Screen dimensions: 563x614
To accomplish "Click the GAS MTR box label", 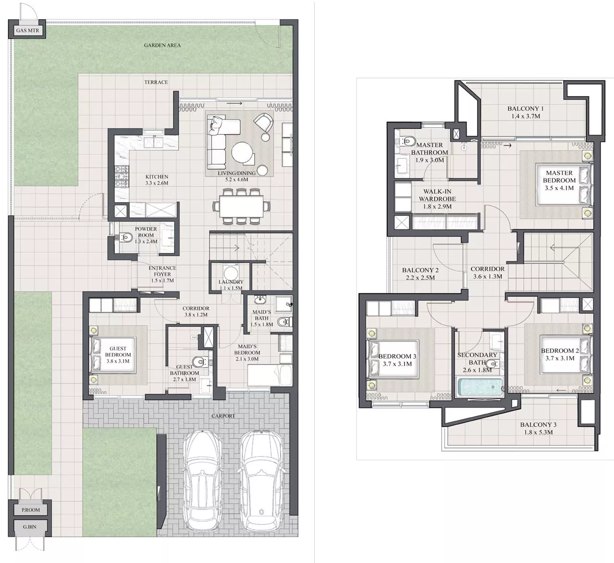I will pos(27,31).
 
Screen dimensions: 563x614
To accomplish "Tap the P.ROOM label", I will pos(31,510).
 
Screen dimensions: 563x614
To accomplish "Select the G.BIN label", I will pos(30,527).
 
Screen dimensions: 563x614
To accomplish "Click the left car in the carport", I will pos(203,479).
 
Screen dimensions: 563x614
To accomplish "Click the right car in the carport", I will pos(260,479).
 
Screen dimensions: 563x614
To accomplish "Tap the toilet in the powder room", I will pos(126,237).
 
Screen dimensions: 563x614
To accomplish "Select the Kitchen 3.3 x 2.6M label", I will pos(157,180).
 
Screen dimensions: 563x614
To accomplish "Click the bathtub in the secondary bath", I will pos(480,387).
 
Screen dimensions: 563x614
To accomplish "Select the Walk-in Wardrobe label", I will pos(437,199).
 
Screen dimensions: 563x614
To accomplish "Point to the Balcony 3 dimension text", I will pos(538,432).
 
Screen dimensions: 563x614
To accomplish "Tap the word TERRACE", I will pos(156,82).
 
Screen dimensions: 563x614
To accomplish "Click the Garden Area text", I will pos(162,45).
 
